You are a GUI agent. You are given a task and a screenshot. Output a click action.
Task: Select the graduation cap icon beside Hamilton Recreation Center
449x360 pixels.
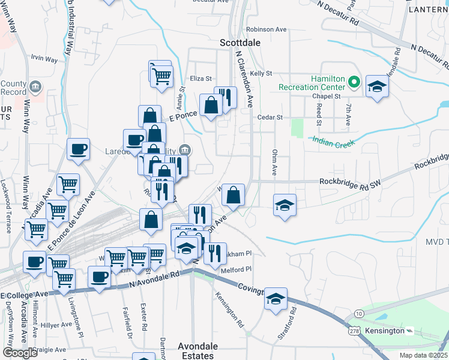(377, 87)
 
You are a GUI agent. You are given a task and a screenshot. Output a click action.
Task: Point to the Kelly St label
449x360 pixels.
(261, 73)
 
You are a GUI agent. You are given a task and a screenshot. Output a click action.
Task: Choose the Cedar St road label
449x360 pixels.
(270, 118)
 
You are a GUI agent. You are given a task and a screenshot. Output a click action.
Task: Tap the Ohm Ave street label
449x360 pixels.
(274, 162)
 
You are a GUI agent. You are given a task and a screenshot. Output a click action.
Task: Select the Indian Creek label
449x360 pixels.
(333, 142)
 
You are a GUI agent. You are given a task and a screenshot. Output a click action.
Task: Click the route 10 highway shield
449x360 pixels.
(358, 314)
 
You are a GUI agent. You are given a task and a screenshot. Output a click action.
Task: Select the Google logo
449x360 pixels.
(20, 352)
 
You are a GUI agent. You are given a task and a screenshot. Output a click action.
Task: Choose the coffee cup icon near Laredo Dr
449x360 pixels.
(135, 140)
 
